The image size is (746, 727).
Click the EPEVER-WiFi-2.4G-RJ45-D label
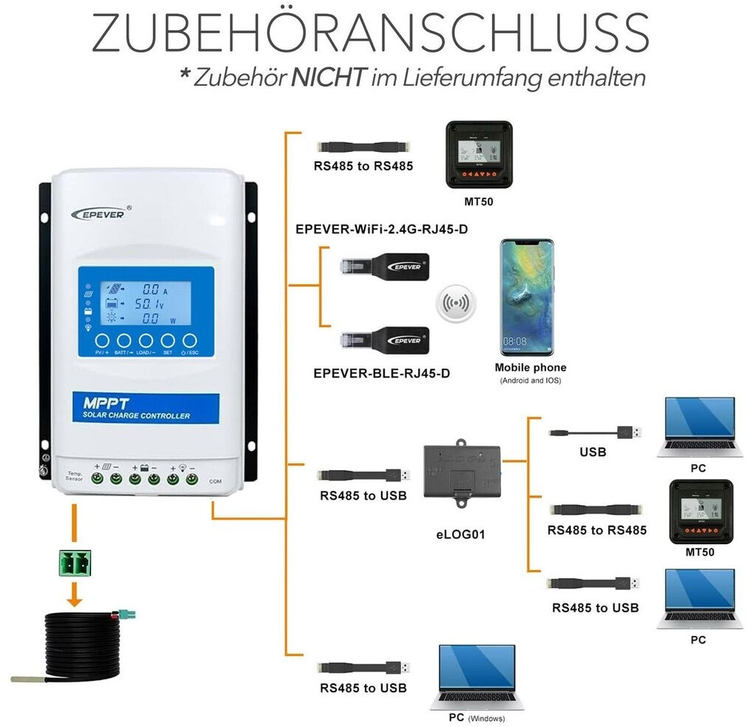(381, 229)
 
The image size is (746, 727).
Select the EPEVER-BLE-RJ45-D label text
(381, 373)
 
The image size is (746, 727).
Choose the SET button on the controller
(168, 341)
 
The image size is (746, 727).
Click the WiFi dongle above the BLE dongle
(384, 267)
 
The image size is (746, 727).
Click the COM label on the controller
(215, 481)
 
